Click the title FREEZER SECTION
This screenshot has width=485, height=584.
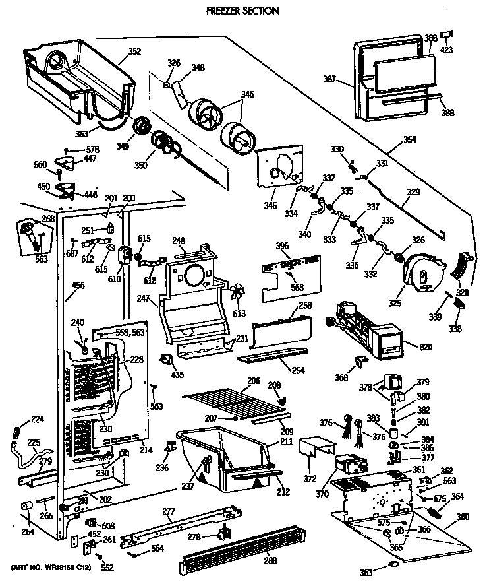tap(242, 11)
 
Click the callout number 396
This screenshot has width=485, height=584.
tap(282, 247)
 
